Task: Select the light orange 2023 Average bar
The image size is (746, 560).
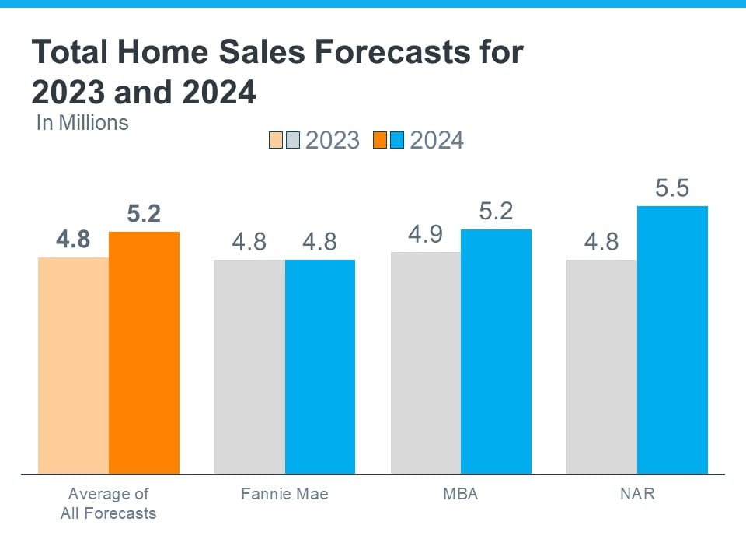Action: click(x=73, y=365)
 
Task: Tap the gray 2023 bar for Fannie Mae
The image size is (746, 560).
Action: click(x=249, y=366)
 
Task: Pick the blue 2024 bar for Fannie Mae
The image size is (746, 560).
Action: click(x=320, y=366)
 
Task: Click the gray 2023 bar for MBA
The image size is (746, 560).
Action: click(x=426, y=362)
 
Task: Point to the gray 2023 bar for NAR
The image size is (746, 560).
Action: click(x=601, y=366)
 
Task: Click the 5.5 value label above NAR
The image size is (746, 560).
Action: click(x=672, y=189)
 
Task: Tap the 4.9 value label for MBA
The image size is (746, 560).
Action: click(x=426, y=235)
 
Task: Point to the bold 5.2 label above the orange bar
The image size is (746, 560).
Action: click(x=144, y=215)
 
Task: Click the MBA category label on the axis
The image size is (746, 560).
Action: click(x=461, y=494)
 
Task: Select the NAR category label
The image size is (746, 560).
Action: click(x=637, y=494)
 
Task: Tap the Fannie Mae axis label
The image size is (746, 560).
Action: click(x=284, y=494)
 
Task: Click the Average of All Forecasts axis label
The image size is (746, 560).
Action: click(x=109, y=503)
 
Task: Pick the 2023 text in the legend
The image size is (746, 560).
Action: click(x=333, y=140)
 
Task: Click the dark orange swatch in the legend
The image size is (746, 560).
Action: click(x=379, y=140)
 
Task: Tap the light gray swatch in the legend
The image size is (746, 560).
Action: click(x=293, y=140)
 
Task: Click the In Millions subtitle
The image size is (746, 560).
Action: click(x=82, y=122)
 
